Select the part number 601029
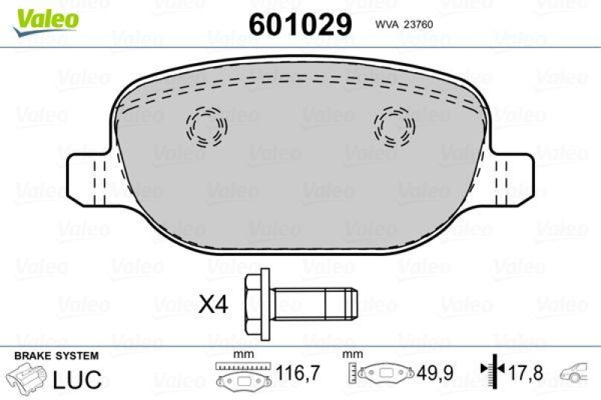click(x=300, y=25)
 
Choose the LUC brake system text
click(x=77, y=379)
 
